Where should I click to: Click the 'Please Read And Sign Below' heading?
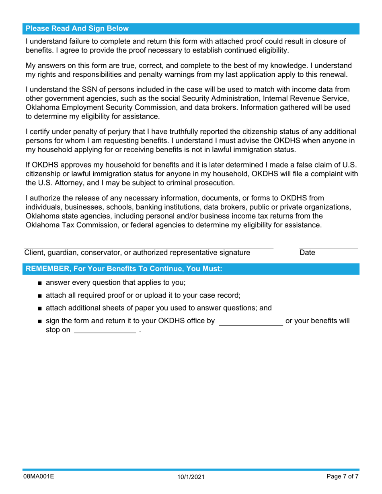[x=77, y=29]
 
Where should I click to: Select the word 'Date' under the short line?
[x=307, y=253]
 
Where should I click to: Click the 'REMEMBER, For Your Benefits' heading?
[x=124, y=269]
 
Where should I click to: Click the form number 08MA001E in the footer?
[x=39, y=477]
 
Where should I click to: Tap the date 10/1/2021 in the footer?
[x=191, y=478]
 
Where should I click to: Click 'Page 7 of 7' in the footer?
[x=342, y=477]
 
